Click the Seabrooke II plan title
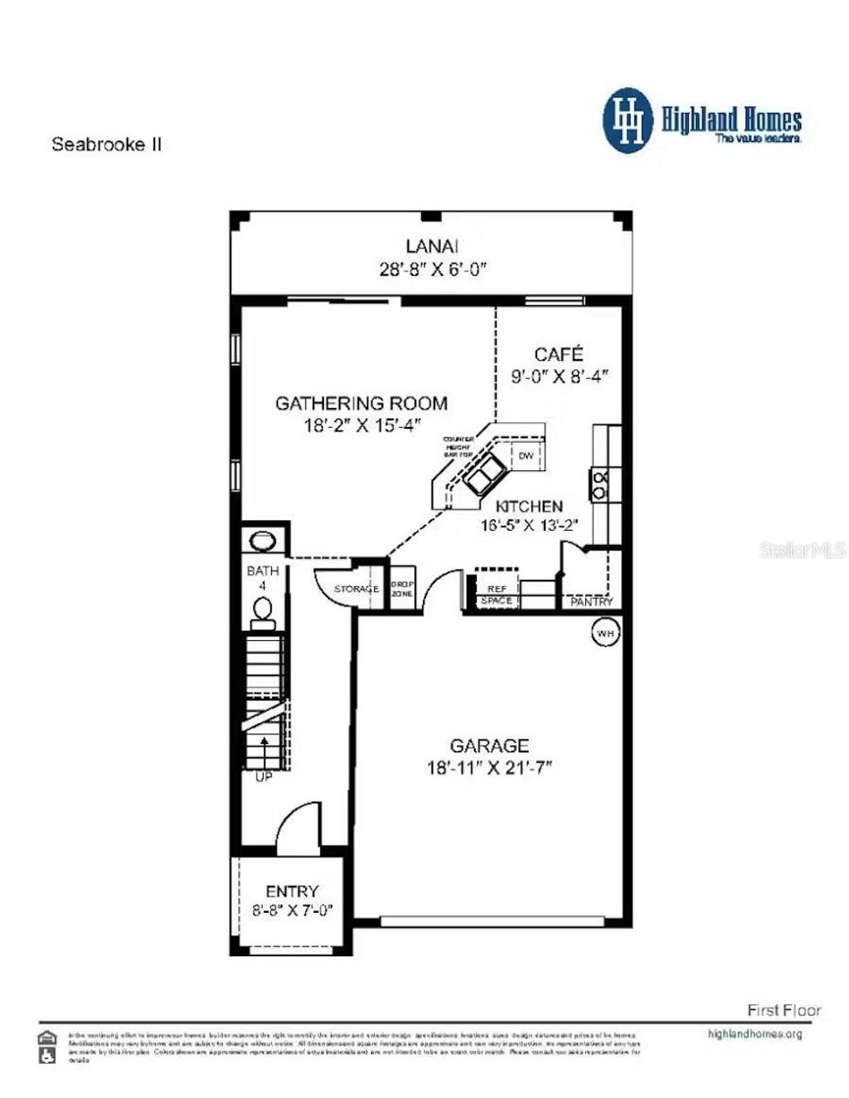click(x=107, y=144)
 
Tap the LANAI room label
click(x=432, y=246)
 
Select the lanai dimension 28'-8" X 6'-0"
click(x=432, y=269)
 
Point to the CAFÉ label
click(x=558, y=354)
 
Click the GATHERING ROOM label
click(x=361, y=404)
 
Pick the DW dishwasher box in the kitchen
click(x=526, y=456)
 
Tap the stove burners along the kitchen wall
click(x=599, y=484)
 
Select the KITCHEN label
click(x=529, y=506)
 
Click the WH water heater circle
click(x=605, y=634)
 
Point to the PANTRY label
click(x=591, y=601)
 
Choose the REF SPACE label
click(x=497, y=595)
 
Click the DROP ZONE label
click(x=402, y=589)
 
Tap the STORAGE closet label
click(x=357, y=589)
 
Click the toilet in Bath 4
click(x=263, y=611)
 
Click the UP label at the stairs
click(x=263, y=777)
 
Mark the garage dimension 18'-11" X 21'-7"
click(x=489, y=768)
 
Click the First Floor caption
click(x=784, y=1010)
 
